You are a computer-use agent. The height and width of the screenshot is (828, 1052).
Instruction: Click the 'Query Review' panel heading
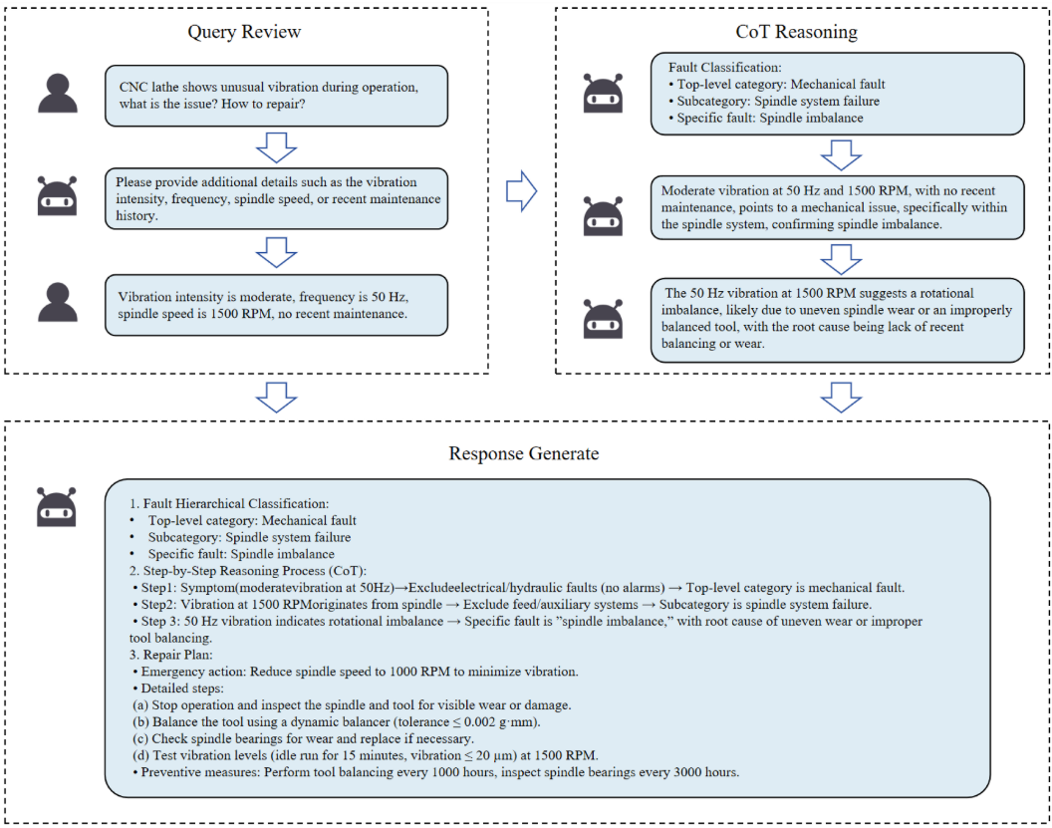[244, 32]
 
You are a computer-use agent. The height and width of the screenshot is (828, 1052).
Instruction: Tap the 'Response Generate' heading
[524, 453]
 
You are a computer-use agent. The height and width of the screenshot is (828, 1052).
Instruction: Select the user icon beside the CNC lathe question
[58, 94]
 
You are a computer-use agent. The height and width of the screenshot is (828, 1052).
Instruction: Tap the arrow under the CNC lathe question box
[276, 146]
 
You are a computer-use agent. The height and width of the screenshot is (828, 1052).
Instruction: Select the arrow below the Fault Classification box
[840, 154]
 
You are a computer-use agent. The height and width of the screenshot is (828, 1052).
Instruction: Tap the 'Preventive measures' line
[434, 772]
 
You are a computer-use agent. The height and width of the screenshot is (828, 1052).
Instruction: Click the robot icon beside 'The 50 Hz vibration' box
[605, 319]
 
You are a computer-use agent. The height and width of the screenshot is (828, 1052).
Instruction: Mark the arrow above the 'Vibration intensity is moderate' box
[276, 252]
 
